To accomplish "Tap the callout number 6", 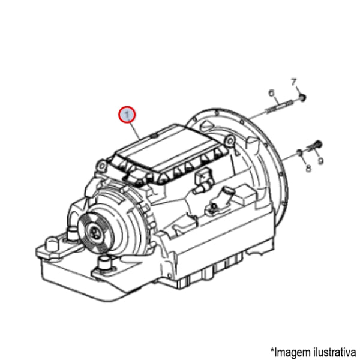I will pos(271,92).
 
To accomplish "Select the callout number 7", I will pos(294,81).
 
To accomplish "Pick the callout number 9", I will pos(321,161).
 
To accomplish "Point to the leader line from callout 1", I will pos(136,128).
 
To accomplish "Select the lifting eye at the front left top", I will pos(100,163).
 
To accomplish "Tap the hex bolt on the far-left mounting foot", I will pos(50,244).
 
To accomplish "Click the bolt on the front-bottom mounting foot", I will pos(106,262).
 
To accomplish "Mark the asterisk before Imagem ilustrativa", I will pos(272,349).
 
